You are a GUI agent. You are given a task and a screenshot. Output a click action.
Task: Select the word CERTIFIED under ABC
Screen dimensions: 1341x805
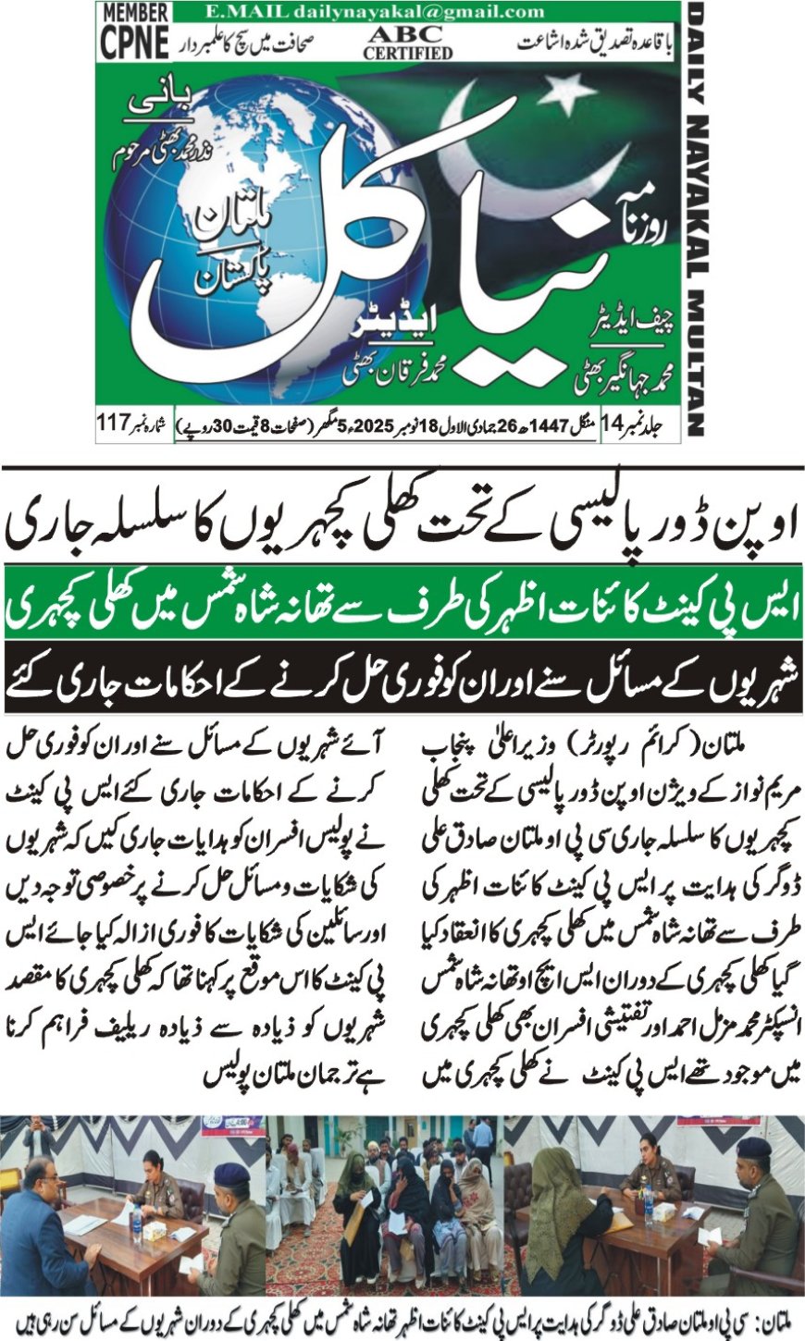click(408, 54)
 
